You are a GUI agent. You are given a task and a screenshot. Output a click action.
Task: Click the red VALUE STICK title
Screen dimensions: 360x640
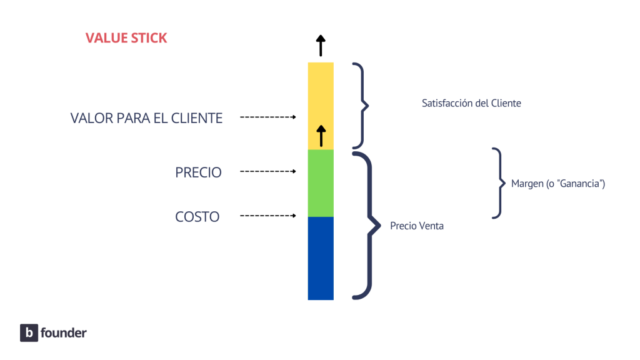tap(126, 38)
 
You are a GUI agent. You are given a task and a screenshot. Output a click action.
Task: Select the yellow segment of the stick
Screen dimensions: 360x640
tap(321, 100)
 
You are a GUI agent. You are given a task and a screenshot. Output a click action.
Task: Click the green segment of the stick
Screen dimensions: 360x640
tap(321, 183)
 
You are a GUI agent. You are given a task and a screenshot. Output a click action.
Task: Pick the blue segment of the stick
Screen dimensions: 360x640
tap(321, 258)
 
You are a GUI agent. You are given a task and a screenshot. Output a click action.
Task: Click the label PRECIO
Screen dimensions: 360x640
tap(198, 172)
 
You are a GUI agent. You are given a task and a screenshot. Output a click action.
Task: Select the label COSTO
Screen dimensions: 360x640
tap(197, 217)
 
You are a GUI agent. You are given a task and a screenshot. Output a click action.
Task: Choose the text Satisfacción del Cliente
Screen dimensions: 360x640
tap(471, 104)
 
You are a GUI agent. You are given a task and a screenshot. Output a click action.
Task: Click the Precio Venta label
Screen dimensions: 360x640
tap(417, 226)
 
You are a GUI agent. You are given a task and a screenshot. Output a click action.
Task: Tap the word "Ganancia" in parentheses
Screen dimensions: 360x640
tap(582, 184)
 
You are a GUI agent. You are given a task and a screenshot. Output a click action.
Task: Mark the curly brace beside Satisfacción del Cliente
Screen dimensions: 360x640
tap(361, 104)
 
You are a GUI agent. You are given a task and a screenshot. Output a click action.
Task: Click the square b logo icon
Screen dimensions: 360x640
tap(29, 333)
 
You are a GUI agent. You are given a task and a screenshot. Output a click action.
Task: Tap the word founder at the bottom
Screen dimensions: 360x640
tap(63, 333)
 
